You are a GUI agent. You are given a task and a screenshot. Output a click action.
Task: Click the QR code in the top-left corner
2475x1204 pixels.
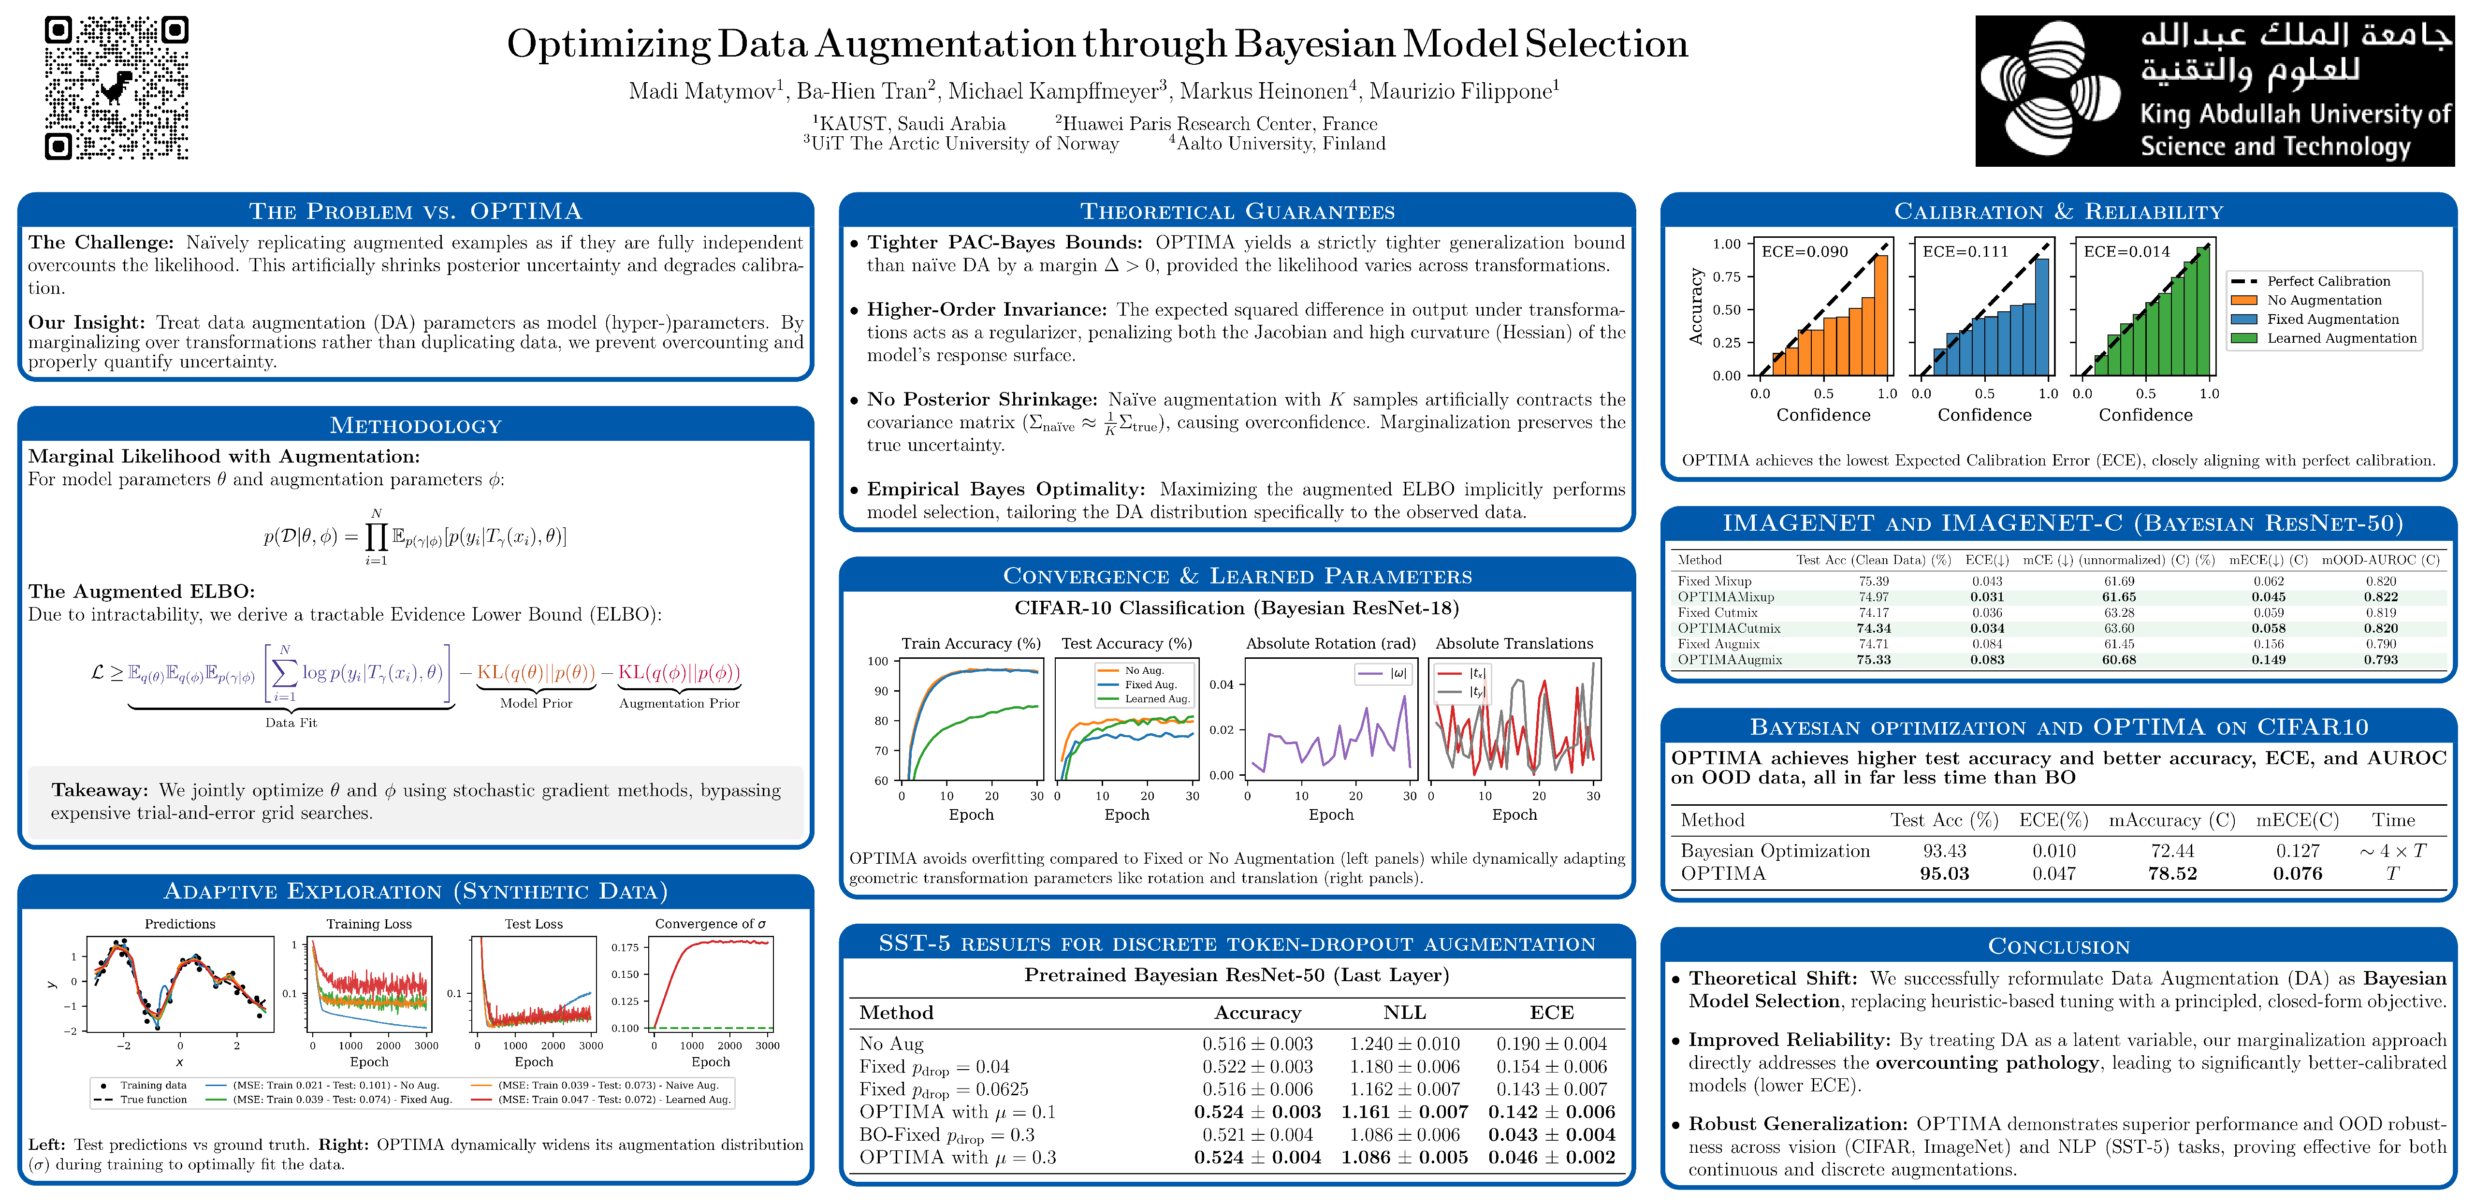point(116,87)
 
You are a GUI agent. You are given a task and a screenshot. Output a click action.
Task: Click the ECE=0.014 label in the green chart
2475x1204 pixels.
point(2126,252)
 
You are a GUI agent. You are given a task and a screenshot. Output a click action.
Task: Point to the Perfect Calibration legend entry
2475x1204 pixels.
point(2328,281)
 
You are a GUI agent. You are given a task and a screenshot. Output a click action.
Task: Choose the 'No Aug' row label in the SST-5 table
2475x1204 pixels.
point(890,1044)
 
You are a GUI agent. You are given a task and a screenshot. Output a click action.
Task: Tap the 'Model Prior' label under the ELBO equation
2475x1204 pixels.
point(536,703)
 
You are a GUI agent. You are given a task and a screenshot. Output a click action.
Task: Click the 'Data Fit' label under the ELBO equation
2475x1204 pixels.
point(291,723)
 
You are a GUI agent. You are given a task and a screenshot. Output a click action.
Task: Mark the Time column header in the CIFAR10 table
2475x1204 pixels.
point(2392,820)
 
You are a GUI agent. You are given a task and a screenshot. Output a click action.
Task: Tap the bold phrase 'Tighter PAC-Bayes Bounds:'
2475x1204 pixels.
point(1004,242)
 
